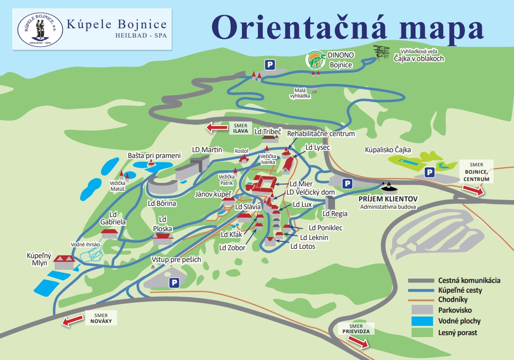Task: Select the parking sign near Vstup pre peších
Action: coord(173,283)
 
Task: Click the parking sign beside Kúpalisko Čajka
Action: coord(429,172)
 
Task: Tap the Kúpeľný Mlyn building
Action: coord(64,262)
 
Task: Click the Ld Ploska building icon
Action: coord(163,239)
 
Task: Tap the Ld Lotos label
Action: coord(303,246)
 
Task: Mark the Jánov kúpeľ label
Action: coord(213,194)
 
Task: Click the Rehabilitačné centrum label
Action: coord(321,133)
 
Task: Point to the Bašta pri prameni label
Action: coord(154,156)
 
